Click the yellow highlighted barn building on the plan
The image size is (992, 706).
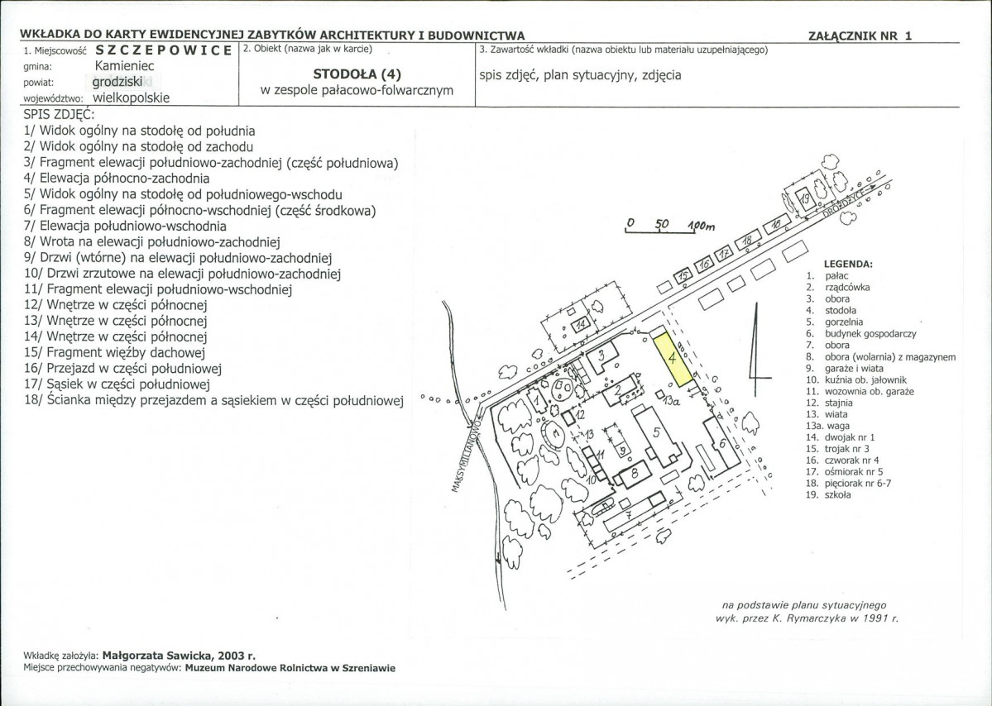[x=673, y=358]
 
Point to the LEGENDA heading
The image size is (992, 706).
[x=848, y=265]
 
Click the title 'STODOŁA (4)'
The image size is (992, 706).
[x=357, y=74]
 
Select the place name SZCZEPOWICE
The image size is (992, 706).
[x=164, y=50]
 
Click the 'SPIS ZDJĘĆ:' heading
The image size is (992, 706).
[x=59, y=114]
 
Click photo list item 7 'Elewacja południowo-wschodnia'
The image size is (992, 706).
[x=125, y=226]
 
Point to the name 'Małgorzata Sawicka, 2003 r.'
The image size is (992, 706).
[x=179, y=656]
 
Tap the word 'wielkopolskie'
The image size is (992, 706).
[x=131, y=98]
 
